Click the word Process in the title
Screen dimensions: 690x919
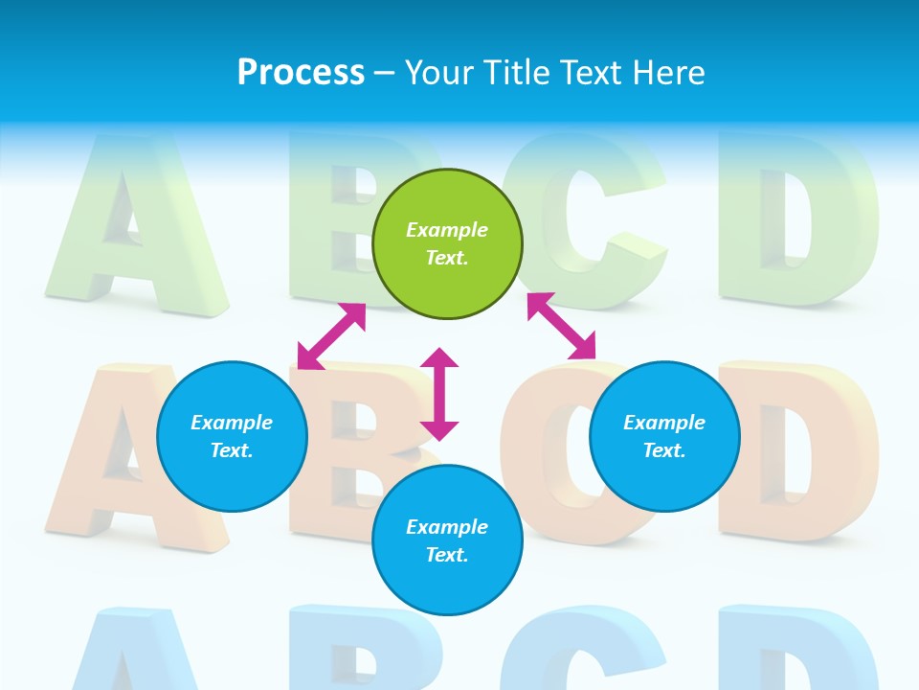(x=301, y=73)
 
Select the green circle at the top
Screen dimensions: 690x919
(x=447, y=244)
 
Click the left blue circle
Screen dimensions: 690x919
(x=232, y=436)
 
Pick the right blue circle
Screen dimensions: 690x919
(x=664, y=436)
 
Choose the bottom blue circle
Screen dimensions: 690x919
(x=447, y=540)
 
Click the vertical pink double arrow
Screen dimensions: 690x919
(x=439, y=394)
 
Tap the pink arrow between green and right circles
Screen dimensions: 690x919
(x=562, y=326)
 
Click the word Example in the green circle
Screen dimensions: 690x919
(x=447, y=230)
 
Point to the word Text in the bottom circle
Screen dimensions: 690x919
(x=446, y=555)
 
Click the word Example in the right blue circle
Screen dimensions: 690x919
(x=664, y=423)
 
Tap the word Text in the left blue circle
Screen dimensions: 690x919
(x=231, y=450)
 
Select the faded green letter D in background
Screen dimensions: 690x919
(x=799, y=225)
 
